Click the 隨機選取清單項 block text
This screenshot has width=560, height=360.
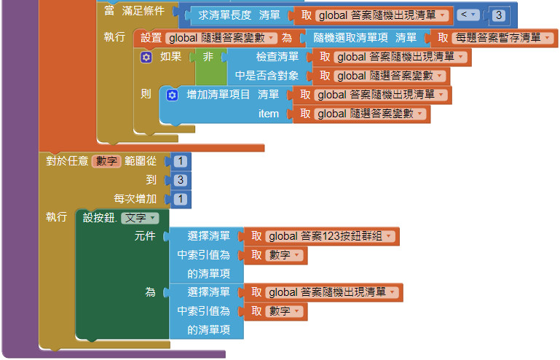(355, 38)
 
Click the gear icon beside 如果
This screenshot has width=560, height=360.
(146, 57)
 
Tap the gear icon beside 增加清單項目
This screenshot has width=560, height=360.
(172, 95)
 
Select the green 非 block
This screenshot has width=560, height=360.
(208, 57)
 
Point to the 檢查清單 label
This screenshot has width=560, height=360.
(277, 57)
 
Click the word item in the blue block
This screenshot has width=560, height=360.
(269, 114)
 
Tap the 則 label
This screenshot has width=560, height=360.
(146, 95)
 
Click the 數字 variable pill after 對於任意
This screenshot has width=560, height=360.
(106, 161)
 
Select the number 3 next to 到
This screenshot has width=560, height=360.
(180, 180)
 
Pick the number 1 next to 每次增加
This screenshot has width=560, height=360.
(180, 199)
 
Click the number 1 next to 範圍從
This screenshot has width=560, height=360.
(180, 161)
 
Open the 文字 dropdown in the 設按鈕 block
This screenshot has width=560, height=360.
(140, 218)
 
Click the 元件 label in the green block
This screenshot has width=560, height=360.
(145, 236)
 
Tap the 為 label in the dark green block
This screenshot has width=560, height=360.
(150, 292)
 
